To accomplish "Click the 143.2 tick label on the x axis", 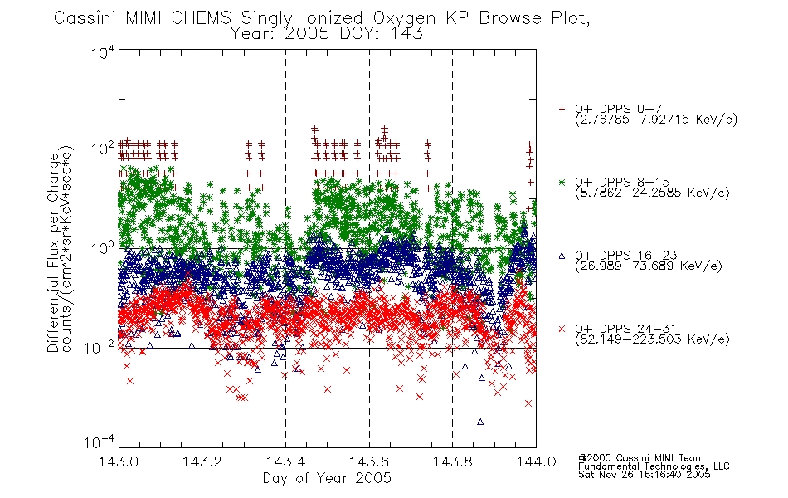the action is (x=202, y=461).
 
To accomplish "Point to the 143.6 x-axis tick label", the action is (x=369, y=461).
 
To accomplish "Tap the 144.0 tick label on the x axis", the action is (x=536, y=461).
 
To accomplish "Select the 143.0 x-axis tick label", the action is (x=119, y=461).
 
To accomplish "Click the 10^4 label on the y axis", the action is (x=103, y=52).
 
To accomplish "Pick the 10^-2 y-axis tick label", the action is (x=100, y=346).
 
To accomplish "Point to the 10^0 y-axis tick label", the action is (x=103, y=247).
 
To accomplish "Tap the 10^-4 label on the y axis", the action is (x=100, y=442).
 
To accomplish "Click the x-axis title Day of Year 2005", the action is (x=327, y=478).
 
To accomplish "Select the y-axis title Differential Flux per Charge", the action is (x=53, y=252).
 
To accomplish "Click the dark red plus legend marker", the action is (x=562, y=109).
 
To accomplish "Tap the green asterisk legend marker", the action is (x=562, y=182).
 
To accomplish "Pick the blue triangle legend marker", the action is (x=562, y=256).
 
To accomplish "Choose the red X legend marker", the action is (x=562, y=329).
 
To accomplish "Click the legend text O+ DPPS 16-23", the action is (x=626, y=256).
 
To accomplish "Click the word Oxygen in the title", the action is (x=405, y=18).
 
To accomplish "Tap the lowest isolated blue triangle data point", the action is (x=480, y=422).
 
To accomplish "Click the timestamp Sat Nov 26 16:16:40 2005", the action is (x=645, y=475).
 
